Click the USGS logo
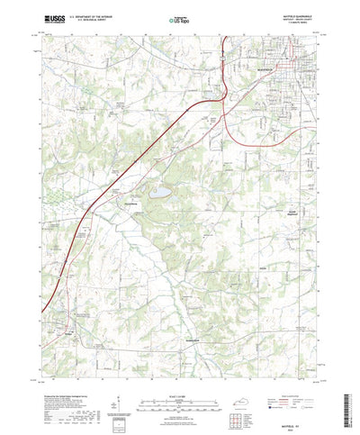(x=52, y=17)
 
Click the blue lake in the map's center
(x=159, y=192)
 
